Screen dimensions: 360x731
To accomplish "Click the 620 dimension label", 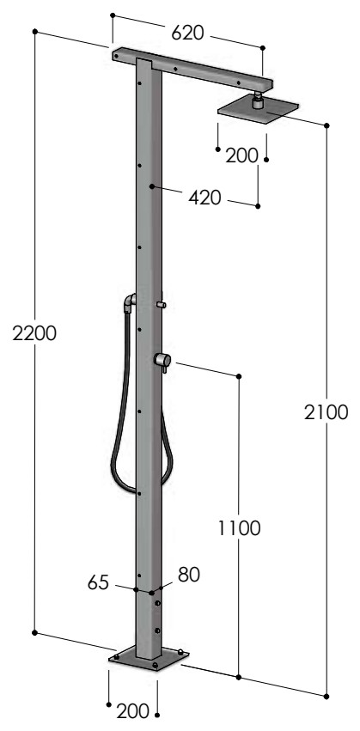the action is (187, 33).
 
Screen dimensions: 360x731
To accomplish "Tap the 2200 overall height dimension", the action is (34, 334).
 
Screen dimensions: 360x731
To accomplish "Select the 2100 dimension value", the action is (326, 412).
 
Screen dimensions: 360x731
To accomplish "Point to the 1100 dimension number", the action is (239, 528).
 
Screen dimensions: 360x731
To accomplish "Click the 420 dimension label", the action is (204, 198).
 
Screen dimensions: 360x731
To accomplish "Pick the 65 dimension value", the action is (98, 582).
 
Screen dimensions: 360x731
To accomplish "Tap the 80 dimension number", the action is (189, 575).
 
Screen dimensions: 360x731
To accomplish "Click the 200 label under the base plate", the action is (132, 712).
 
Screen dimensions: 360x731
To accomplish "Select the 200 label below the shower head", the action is (241, 155).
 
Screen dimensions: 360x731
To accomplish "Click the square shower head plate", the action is (258, 111).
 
